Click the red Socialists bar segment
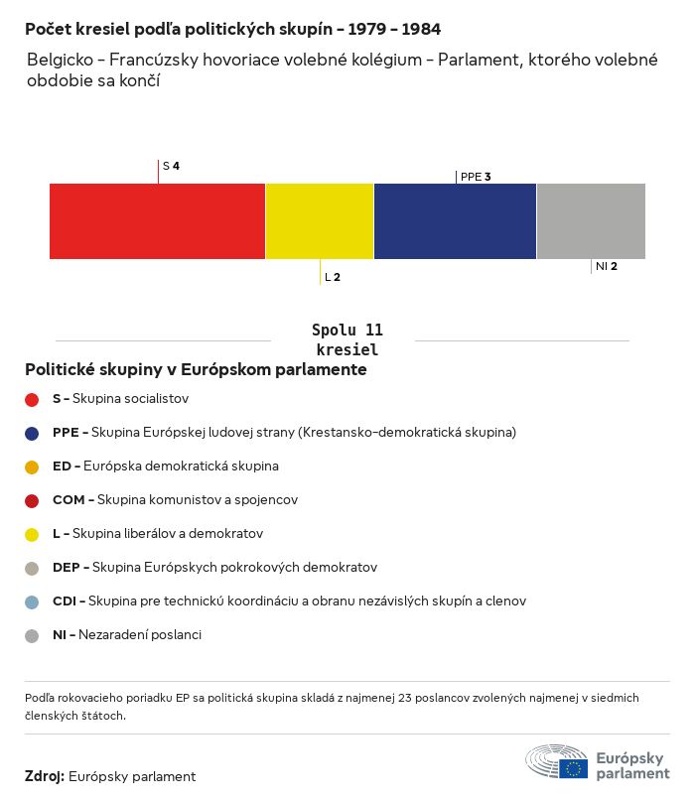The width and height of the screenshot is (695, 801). pyautogui.click(x=157, y=220)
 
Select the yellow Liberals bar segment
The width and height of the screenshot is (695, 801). pyautogui.click(x=320, y=220)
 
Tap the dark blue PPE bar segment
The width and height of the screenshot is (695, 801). pyautogui.click(x=455, y=220)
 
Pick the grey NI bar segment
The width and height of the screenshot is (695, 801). pyautogui.click(x=591, y=220)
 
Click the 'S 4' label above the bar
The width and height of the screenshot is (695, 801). pyautogui.click(x=171, y=166)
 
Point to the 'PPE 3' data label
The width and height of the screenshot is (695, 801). pyautogui.click(x=476, y=177)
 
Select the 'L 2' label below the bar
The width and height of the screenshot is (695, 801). pyautogui.click(x=333, y=277)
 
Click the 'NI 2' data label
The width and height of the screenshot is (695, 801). pyautogui.click(x=607, y=266)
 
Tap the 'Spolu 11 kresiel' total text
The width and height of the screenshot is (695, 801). pyautogui.click(x=347, y=339)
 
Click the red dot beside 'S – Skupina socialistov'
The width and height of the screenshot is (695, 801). pyautogui.click(x=32, y=399)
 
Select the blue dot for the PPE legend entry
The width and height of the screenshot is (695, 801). pyautogui.click(x=32, y=433)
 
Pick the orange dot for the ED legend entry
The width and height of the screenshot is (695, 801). pyautogui.click(x=32, y=467)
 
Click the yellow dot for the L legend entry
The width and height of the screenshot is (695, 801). pyautogui.click(x=32, y=534)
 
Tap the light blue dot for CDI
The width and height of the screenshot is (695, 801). pyautogui.click(x=32, y=601)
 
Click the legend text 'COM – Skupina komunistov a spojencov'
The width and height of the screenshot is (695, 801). pyautogui.click(x=175, y=500)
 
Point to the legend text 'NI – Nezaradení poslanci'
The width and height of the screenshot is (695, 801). pyautogui.click(x=127, y=635)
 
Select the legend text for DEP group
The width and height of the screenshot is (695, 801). pyautogui.click(x=214, y=568)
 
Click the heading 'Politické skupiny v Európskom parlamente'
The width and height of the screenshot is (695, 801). pyautogui.click(x=196, y=370)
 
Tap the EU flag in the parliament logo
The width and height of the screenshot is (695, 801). pyautogui.click(x=573, y=768)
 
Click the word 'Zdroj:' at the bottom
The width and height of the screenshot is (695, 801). pyautogui.click(x=44, y=776)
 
